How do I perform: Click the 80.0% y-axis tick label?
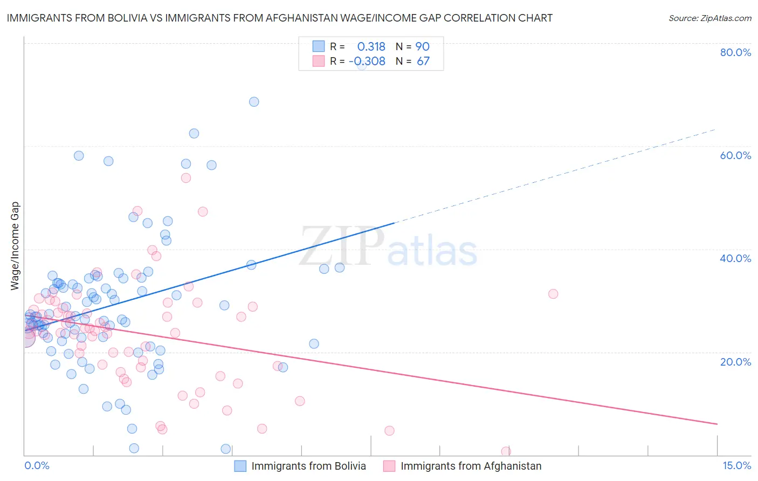(735, 52)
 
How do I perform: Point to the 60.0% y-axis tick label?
(735, 155)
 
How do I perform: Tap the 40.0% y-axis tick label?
(735, 258)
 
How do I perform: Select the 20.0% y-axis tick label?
(735, 362)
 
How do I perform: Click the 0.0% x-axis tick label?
(37, 465)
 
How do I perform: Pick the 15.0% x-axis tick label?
(736, 465)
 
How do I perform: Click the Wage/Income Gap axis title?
(15, 246)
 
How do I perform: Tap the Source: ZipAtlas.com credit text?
(709, 18)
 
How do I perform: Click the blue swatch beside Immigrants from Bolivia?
(240, 466)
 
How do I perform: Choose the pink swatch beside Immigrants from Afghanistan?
(389, 466)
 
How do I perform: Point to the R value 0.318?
(371, 46)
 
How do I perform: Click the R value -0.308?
(367, 61)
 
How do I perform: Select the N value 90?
(422, 46)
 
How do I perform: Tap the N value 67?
(423, 61)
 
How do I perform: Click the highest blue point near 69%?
(254, 102)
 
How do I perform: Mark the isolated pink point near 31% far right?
(553, 294)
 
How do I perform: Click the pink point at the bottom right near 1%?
(506, 451)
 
